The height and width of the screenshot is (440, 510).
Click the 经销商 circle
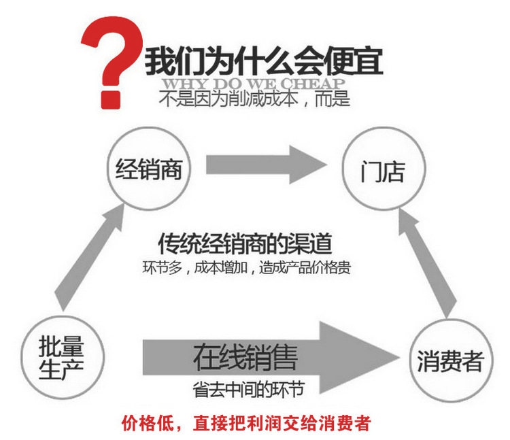(149, 169)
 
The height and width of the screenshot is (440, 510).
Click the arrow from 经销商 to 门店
(265, 163)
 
